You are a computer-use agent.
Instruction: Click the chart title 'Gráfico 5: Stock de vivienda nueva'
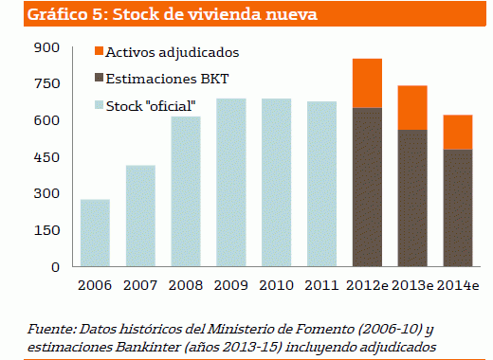[x=158, y=15]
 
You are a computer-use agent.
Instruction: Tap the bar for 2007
[x=139, y=215]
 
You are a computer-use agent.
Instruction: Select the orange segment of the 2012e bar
[x=366, y=83]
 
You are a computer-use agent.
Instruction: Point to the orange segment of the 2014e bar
[x=457, y=132]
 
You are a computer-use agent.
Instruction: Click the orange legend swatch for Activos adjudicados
[x=100, y=51]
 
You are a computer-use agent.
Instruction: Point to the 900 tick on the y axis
[x=46, y=47]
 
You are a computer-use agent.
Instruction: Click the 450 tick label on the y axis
[x=46, y=157]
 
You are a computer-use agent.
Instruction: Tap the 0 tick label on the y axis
[x=55, y=266]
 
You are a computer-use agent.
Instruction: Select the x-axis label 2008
[x=185, y=284]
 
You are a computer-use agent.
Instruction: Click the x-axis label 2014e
[x=457, y=284]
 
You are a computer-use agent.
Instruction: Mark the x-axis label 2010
[x=276, y=284]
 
